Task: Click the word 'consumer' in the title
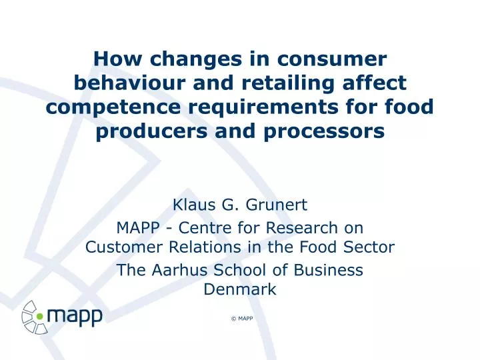tap(332, 59)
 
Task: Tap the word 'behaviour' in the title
tap(130, 83)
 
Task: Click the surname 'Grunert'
tap(277, 205)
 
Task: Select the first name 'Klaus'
tap(194, 205)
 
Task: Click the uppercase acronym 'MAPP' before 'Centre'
tap(138, 228)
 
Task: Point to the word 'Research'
tap(301, 228)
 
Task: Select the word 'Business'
tap(329, 270)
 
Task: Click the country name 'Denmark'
tap(240, 289)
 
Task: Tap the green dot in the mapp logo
tap(40, 316)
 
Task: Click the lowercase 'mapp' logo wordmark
tap(75, 317)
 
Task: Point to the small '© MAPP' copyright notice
tap(242, 319)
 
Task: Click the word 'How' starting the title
tap(117, 59)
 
